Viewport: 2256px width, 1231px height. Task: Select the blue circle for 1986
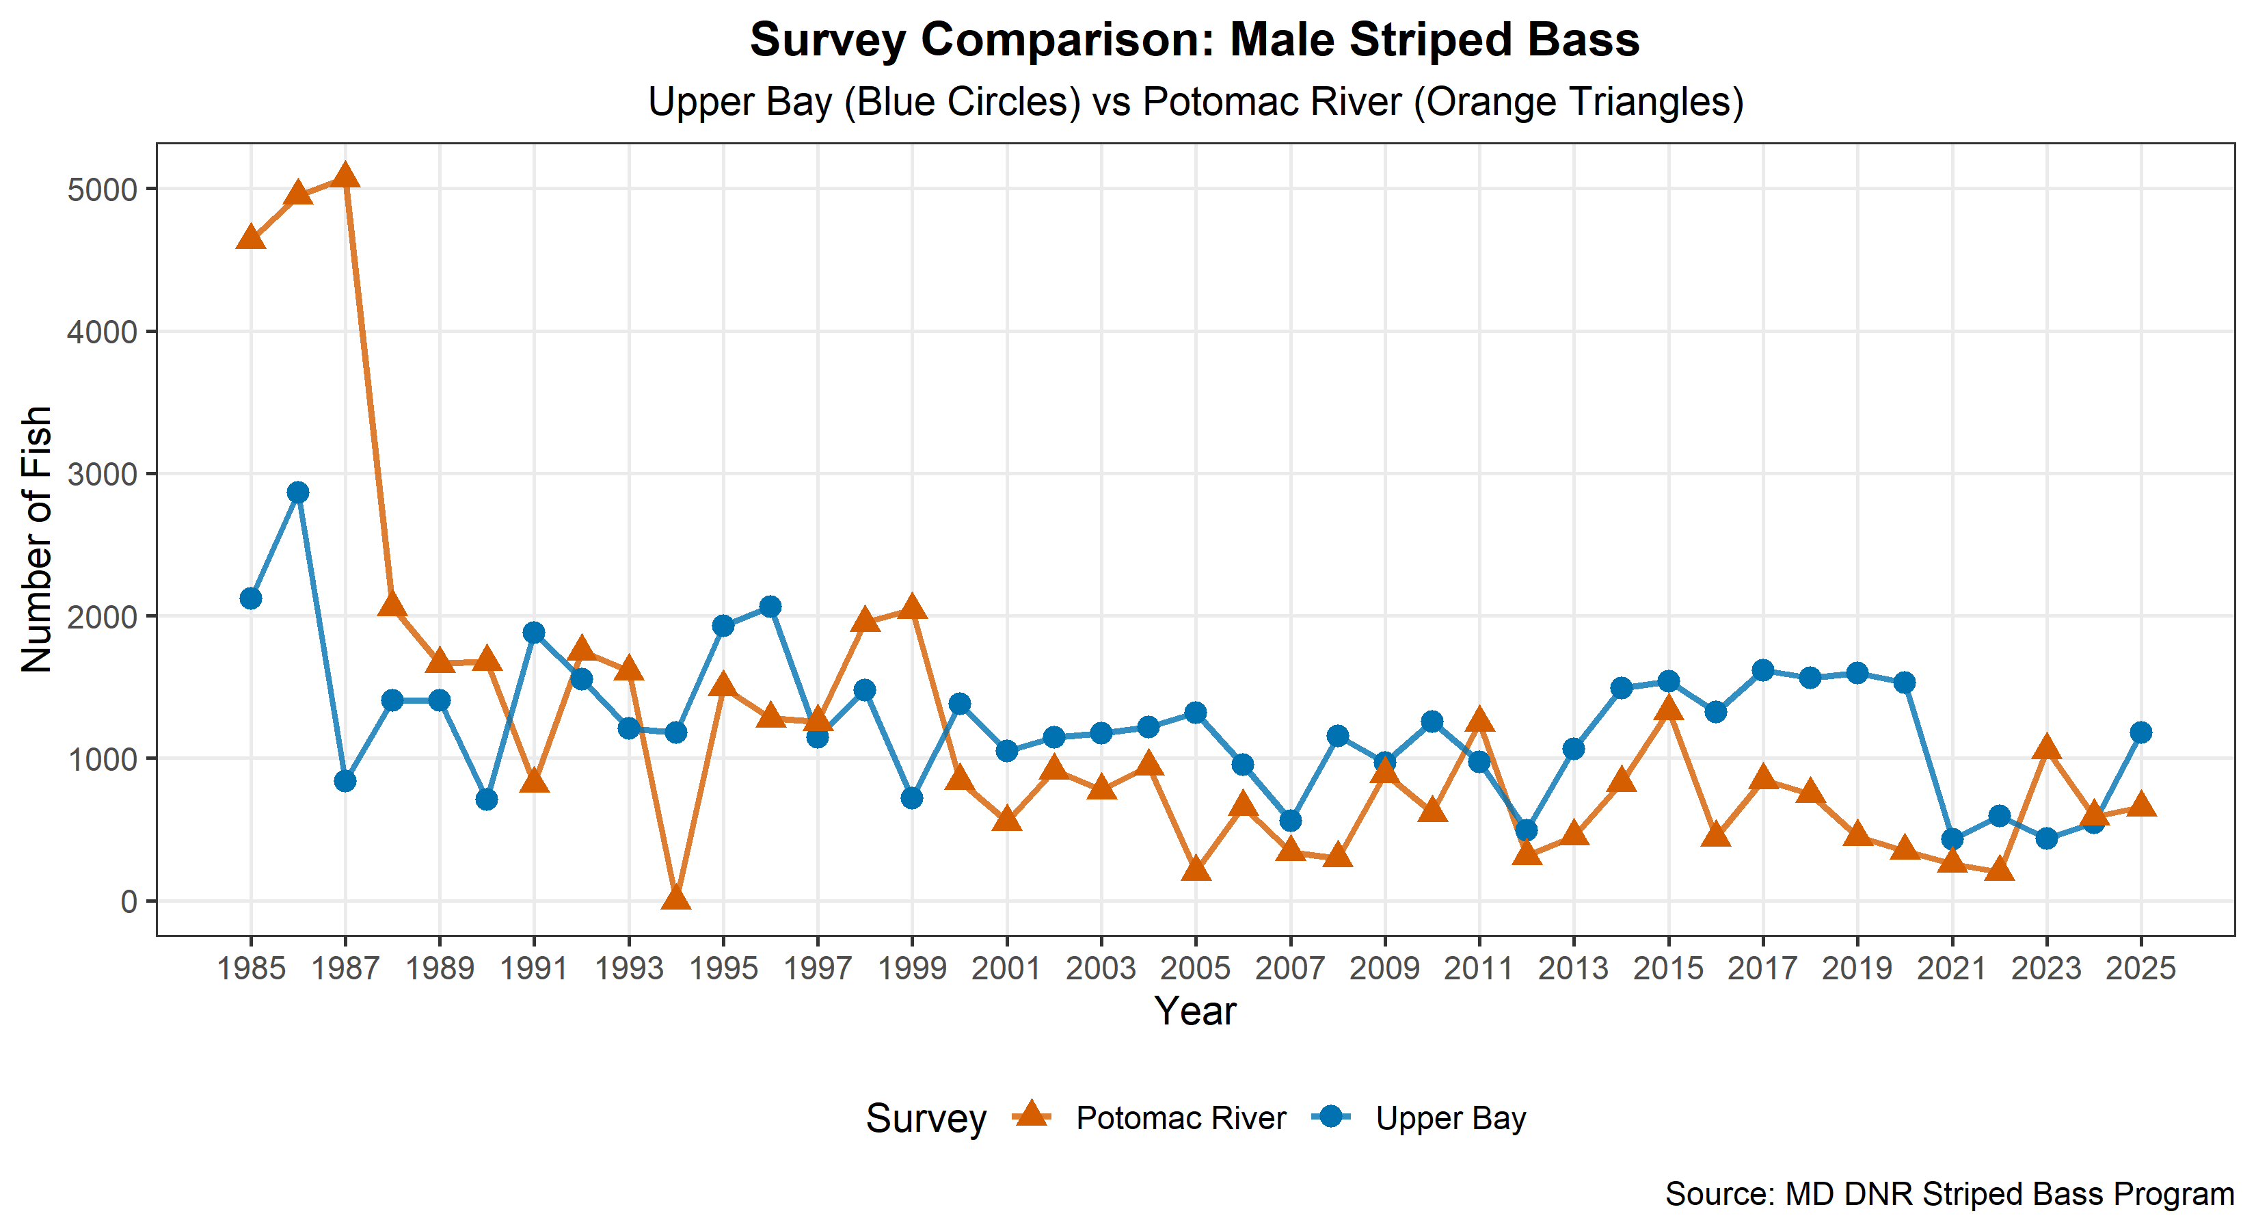click(298, 492)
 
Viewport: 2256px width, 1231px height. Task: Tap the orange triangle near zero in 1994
click(675, 897)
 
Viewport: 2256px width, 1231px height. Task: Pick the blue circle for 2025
click(2140, 732)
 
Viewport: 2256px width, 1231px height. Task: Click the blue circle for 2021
click(1952, 839)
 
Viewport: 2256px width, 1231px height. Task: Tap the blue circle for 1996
click(770, 607)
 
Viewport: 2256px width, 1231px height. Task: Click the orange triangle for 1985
click(250, 237)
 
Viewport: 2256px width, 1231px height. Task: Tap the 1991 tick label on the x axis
click(533, 968)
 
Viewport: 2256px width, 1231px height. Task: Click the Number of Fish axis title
click(37, 539)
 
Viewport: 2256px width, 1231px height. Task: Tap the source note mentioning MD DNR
click(1948, 1194)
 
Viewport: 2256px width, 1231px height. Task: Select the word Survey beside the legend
click(926, 1119)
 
